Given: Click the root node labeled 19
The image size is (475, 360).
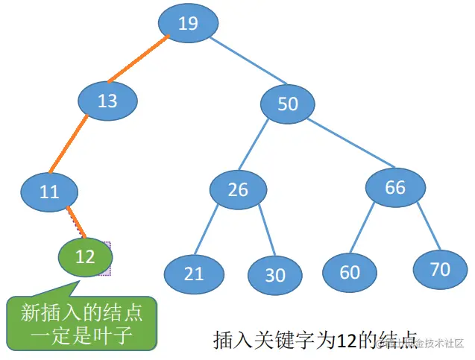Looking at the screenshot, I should click(188, 24).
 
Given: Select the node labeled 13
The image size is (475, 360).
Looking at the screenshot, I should click(108, 100).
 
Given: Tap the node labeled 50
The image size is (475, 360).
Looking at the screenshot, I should click(288, 103).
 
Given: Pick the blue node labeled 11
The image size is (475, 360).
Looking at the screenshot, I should click(49, 192).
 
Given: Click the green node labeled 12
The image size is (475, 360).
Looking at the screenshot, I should click(85, 256).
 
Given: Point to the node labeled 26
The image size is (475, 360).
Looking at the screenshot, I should click(238, 189).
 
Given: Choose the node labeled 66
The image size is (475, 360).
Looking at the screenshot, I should click(395, 186).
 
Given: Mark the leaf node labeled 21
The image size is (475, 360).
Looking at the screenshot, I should click(194, 273).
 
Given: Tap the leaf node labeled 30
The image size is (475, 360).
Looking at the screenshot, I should click(275, 274).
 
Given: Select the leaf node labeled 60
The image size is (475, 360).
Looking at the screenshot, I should click(350, 272).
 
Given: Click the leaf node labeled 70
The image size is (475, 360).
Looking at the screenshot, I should click(441, 268).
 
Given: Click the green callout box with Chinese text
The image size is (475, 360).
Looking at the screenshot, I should click(82, 323).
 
